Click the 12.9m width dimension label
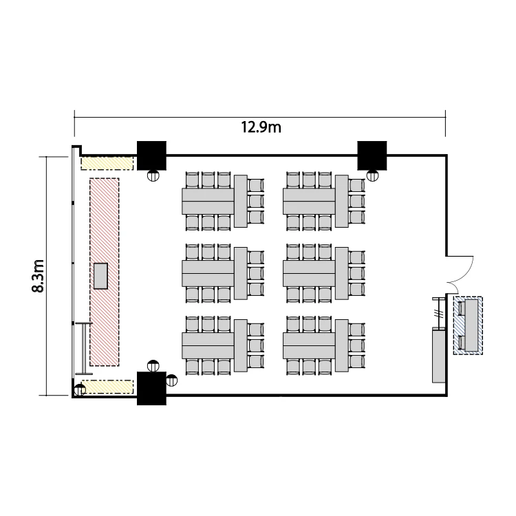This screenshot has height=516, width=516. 261,127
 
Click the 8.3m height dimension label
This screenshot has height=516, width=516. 38,276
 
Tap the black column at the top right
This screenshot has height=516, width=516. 372,155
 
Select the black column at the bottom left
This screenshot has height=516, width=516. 151,388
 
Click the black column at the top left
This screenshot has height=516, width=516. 151,155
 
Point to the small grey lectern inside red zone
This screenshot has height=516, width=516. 100,276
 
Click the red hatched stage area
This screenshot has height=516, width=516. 105,272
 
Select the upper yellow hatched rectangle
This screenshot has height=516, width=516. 107,164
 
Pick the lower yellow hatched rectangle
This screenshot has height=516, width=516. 107,387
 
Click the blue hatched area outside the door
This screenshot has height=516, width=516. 468,325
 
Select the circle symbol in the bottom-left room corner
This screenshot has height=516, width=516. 80,390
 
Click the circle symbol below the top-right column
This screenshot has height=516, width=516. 372,175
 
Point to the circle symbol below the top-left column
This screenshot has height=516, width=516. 153,175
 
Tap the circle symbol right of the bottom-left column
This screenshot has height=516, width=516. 171,380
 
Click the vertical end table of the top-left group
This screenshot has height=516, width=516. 241,201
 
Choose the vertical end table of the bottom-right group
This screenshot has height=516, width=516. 341,345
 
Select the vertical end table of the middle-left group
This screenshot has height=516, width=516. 241,273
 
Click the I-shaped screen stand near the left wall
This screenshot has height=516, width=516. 84,349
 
